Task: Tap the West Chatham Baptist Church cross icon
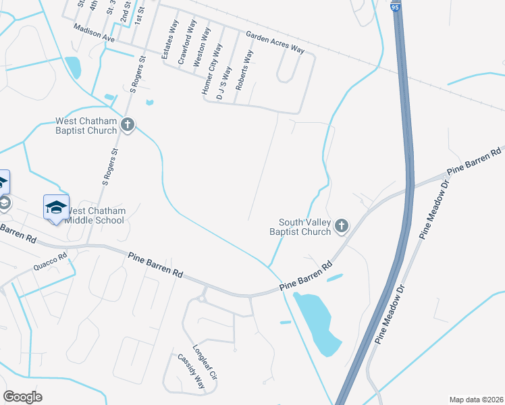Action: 128,124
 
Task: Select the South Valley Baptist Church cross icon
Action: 342,225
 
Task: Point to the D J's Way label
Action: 223,83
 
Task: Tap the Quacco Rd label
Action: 51,263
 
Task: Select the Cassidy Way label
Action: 190,372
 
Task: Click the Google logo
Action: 22,396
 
